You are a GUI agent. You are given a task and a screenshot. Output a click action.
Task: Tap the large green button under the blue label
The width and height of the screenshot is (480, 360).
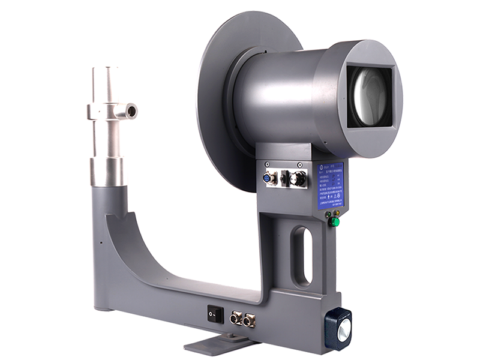point(335,222)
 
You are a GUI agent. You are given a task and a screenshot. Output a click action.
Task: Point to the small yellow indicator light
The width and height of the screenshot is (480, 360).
point(337,212)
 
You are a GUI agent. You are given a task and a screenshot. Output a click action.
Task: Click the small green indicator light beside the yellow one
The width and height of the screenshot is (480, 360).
point(327,212)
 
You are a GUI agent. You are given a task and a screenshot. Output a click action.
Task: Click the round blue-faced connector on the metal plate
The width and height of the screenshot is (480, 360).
point(270,178)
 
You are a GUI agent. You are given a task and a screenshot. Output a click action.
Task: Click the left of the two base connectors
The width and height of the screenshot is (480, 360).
point(236,318)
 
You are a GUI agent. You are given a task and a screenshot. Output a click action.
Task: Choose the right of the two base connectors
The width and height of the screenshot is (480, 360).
point(249,320)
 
